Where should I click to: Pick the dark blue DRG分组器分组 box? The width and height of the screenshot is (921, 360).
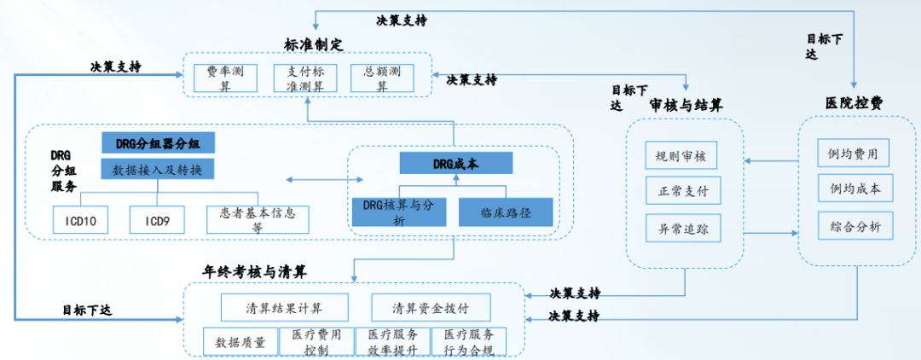tap(157, 143)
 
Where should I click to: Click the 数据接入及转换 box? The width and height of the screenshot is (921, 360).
tap(157, 169)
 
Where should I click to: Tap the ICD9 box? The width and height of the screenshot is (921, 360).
tap(157, 220)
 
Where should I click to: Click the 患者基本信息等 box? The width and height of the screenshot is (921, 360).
tap(257, 220)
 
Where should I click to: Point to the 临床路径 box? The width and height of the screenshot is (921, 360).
tap(506, 212)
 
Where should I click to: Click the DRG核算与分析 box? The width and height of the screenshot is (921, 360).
tap(399, 212)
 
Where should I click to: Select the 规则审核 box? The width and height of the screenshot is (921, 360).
tap(681, 156)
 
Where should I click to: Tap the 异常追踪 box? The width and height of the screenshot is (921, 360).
tap(681, 229)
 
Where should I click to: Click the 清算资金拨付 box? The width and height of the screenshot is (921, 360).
tap(430, 307)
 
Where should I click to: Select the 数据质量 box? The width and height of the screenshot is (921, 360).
tap(240, 342)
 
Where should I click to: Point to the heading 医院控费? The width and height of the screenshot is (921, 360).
tap(854, 102)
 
